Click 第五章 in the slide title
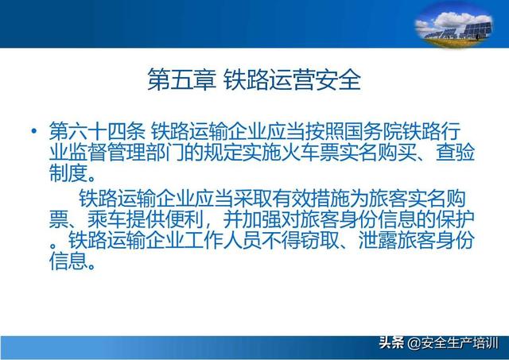[182, 79]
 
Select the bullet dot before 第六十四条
[33, 131]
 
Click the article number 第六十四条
[97, 131]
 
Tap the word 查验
[455, 152]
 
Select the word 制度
[68, 172]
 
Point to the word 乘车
[107, 219]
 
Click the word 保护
[455, 219]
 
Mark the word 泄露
[378, 240]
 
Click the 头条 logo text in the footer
[391, 343]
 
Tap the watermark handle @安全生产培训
[453, 343]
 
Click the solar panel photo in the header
[453, 25]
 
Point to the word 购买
[397, 152]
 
